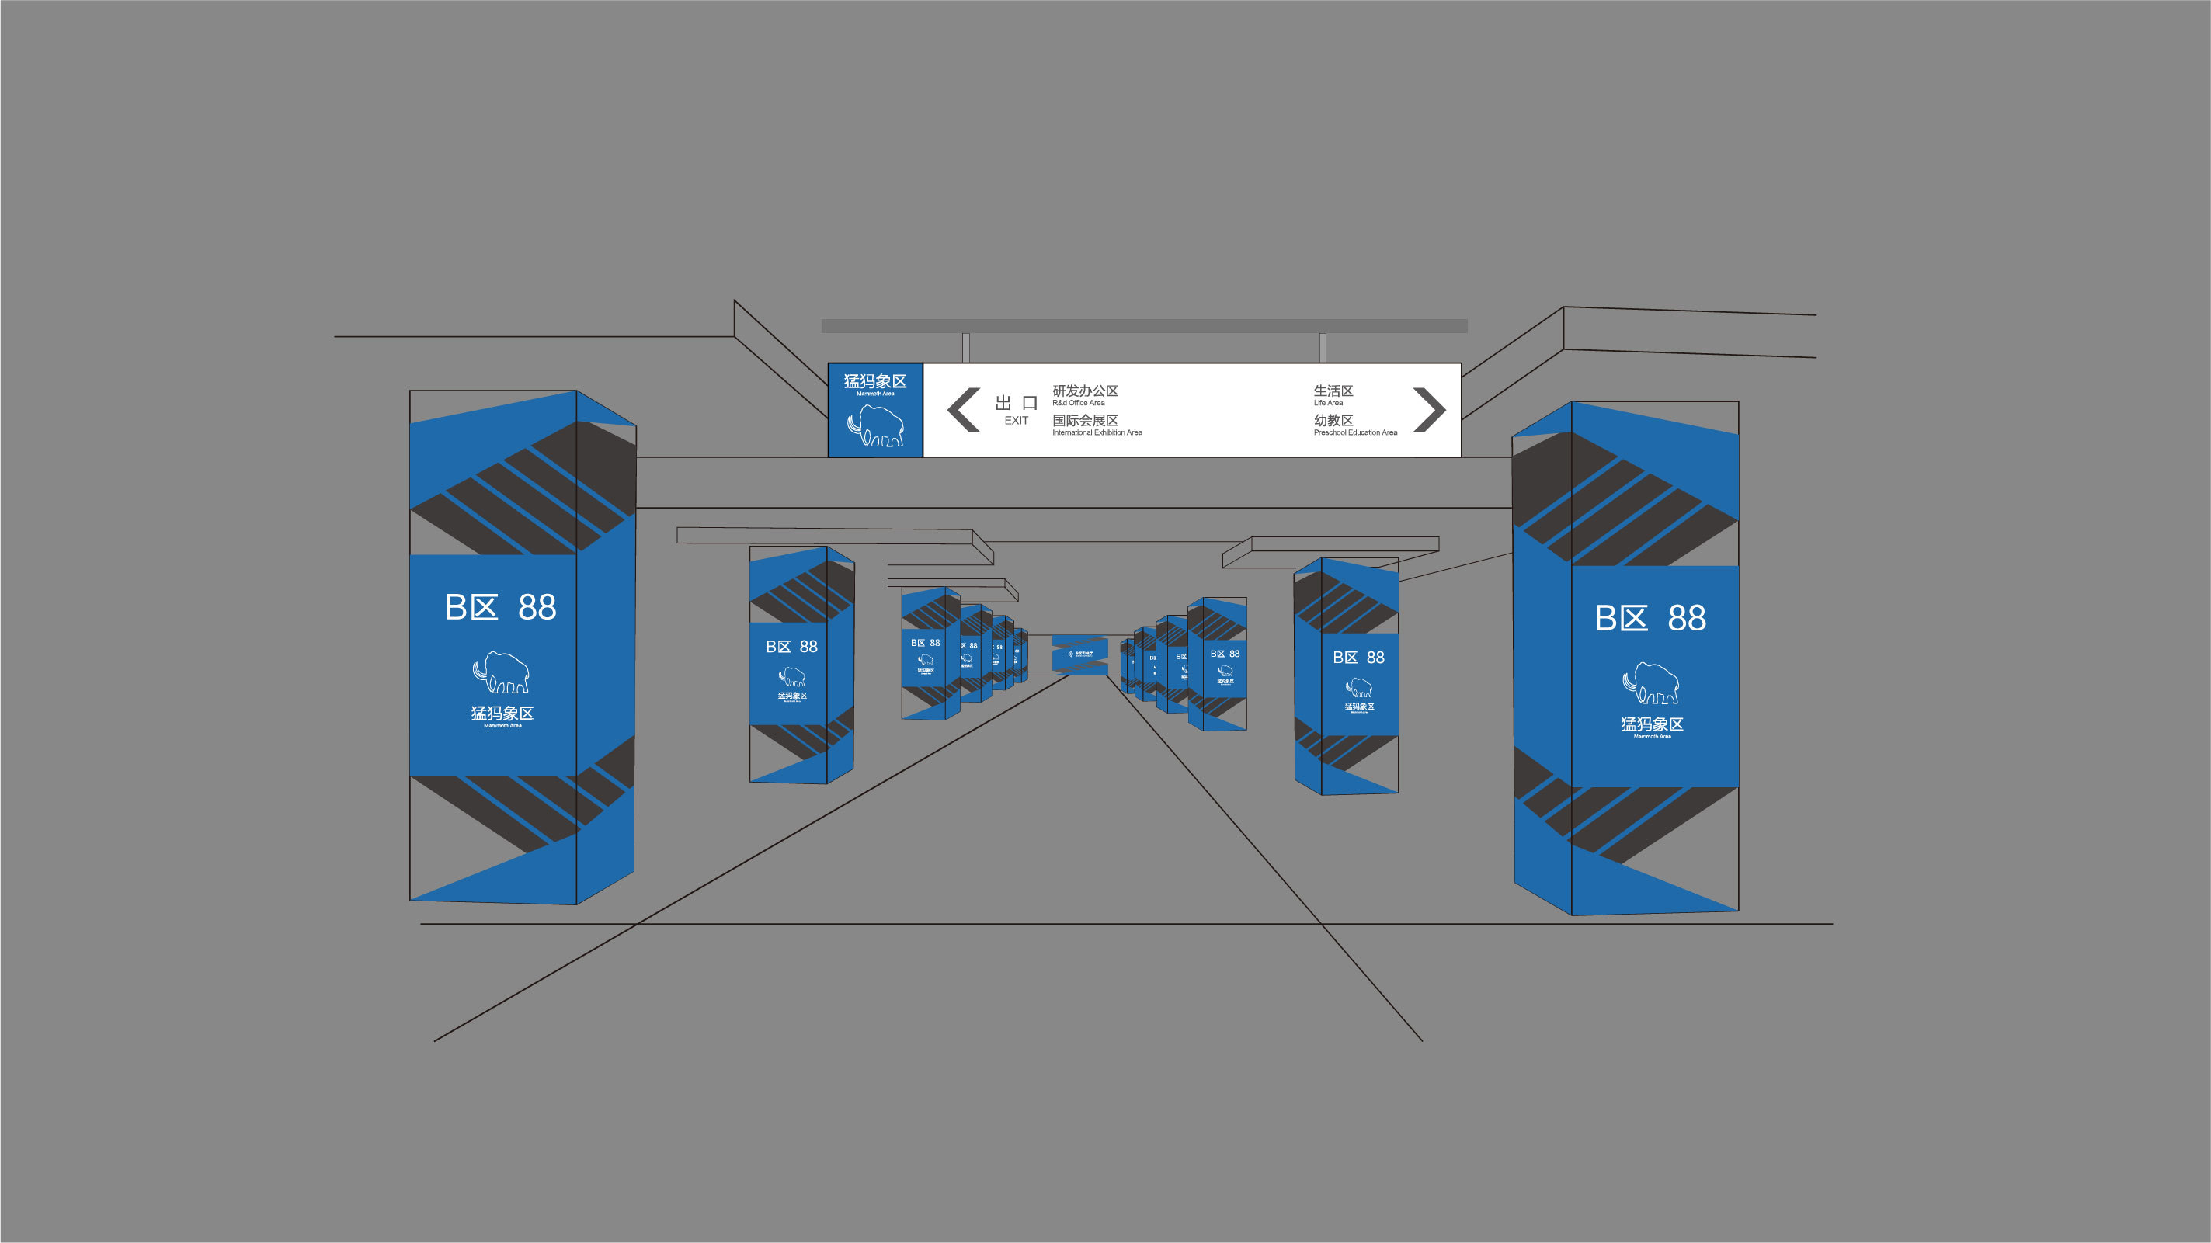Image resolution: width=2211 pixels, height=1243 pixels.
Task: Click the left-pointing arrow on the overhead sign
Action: (x=964, y=410)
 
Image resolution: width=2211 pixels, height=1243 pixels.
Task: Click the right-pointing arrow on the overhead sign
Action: (x=1429, y=410)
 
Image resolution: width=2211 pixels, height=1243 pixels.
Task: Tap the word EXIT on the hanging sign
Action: (x=1017, y=420)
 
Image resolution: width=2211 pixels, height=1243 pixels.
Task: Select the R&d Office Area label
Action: (x=1078, y=403)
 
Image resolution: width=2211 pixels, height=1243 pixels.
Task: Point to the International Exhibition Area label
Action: (x=1097, y=432)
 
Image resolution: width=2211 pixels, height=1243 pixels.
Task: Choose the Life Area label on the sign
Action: (x=1328, y=403)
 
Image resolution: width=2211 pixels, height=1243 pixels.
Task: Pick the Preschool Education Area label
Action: (x=1355, y=432)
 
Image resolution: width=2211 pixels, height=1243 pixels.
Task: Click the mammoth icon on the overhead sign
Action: (x=875, y=425)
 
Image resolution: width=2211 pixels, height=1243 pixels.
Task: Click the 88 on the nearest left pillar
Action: (x=537, y=607)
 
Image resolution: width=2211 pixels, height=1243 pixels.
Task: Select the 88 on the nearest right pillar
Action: (x=1687, y=618)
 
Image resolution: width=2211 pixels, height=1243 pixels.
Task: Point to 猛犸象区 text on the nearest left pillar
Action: (x=502, y=713)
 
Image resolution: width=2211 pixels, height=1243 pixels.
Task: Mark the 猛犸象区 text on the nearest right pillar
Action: (x=1651, y=724)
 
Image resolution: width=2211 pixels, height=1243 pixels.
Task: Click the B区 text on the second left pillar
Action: (x=777, y=647)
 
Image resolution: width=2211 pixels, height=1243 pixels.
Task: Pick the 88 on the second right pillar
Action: (x=1375, y=658)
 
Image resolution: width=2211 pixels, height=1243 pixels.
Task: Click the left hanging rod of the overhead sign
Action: (x=965, y=347)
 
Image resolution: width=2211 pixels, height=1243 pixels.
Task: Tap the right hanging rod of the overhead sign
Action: (x=1323, y=347)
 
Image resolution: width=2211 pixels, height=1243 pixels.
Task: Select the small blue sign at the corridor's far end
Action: (x=1079, y=654)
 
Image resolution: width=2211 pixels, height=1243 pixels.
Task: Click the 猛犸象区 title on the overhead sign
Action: (x=874, y=382)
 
